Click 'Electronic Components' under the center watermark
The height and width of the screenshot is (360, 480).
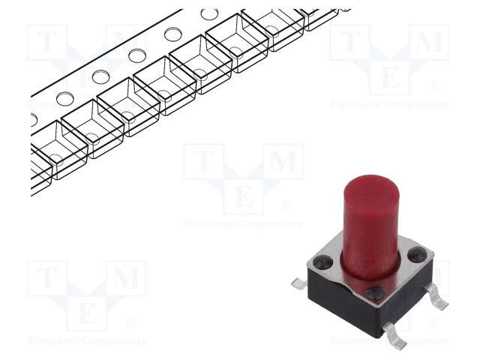244,224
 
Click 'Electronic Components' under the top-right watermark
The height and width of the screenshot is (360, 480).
390,105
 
